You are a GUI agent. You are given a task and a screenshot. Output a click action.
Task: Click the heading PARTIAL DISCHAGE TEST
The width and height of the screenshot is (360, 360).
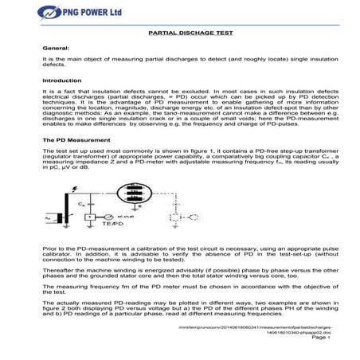[x=179, y=35]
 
